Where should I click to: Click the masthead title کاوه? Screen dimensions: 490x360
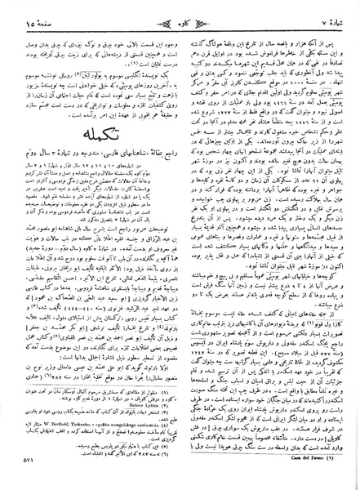[180, 11]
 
